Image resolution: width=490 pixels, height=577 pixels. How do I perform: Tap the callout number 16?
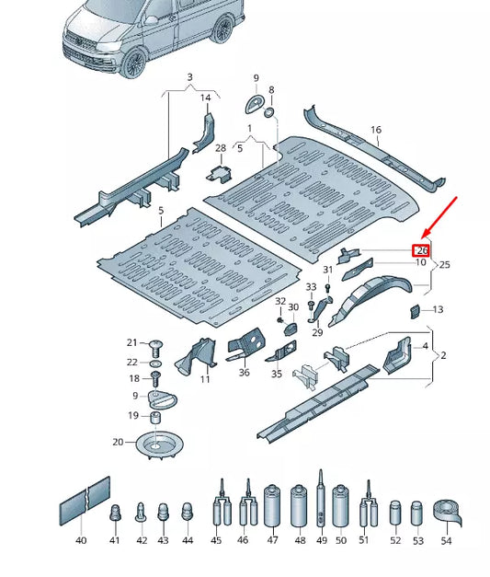[375, 131]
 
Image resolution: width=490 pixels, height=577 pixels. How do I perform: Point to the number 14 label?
[206, 98]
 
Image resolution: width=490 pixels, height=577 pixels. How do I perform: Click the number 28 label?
[220, 148]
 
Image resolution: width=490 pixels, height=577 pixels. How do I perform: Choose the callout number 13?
[438, 310]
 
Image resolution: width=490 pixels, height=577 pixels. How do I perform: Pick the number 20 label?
[118, 443]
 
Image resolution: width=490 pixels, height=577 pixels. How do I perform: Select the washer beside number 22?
[154, 363]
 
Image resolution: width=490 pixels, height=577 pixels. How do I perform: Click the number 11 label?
[205, 379]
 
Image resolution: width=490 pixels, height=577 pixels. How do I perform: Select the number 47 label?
[272, 541]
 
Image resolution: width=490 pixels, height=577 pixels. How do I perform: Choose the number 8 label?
[271, 90]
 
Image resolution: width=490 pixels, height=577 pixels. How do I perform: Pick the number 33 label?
[311, 288]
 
